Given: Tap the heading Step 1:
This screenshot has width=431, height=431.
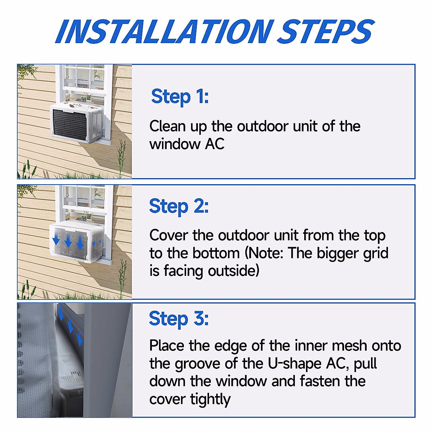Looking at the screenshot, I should pos(180,97).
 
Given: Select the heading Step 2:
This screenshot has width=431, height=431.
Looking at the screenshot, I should pos(179,207).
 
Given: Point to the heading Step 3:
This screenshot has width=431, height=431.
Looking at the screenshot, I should pos(179,319).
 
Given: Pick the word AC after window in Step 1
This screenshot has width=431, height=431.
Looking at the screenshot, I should pos(215,144).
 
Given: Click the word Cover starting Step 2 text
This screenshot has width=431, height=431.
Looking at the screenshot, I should pos(168,236).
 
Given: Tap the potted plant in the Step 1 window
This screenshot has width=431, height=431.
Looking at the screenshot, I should pos(86,97).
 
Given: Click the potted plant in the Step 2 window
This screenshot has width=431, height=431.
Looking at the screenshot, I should pos(86,216).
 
